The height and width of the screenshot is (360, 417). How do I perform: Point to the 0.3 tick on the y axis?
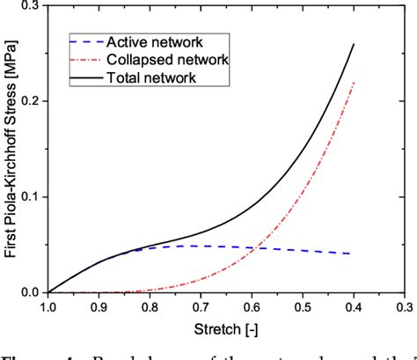click(x=32, y=5)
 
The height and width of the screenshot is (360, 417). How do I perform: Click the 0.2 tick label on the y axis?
click(x=32, y=101)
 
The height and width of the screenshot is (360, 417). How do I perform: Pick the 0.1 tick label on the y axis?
click(x=32, y=197)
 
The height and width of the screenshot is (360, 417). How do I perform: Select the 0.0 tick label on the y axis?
click(x=32, y=292)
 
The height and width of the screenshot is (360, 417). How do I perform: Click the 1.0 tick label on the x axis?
click(x=48, y=308)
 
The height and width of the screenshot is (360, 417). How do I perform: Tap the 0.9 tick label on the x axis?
click(x=99, y=308)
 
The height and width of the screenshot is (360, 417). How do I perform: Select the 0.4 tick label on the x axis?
click(x=354, y=308)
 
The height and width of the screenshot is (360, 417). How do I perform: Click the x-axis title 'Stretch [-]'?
click(x=226, y=328)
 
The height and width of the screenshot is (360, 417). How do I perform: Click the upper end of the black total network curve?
click(x=354, y=44)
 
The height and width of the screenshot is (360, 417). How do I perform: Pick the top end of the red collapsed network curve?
click(x=354, y=82)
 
